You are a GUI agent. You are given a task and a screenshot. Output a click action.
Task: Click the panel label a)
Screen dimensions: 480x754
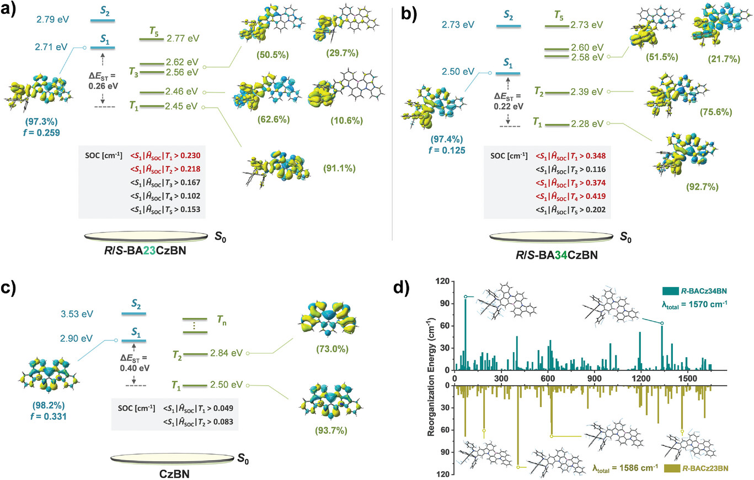[x=10, y=9]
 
